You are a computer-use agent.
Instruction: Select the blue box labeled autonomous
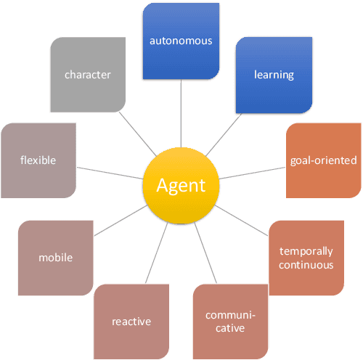click(x=181, y=41)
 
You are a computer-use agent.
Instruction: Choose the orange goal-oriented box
click(x=323, y=160)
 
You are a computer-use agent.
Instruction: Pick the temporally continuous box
click(x=306, y=258)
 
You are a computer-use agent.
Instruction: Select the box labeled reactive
click(x=131, y=322)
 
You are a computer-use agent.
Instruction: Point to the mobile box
click(x=56, y=258)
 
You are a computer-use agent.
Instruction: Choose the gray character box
click(x=87, y=74)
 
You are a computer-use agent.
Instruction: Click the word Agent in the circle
click(x=181, y=185)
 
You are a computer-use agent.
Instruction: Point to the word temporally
click(x=306, y=251)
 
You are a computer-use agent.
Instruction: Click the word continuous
click(x=306, y=265)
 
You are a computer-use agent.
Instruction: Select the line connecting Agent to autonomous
click(x=181, y=116)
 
